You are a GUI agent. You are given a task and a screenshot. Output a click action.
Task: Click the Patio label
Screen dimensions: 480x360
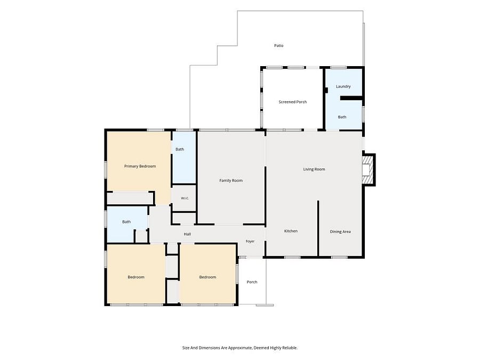click(x=278, y=46)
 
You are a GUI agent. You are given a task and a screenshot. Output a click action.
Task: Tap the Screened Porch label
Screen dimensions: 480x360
click(x=293, y=102)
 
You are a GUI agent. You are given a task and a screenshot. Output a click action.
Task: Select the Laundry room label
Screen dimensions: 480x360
click(x=343, y=86)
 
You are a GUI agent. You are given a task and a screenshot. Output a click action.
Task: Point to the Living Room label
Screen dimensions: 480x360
click(x=314, y=169)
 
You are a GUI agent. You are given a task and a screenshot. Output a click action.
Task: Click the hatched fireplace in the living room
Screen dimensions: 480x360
click(x=368, y=170)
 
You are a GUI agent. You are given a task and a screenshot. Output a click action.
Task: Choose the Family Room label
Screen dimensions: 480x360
click(x=231, y=181)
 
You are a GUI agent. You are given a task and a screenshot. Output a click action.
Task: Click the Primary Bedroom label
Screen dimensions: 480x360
click(x=140, y=166)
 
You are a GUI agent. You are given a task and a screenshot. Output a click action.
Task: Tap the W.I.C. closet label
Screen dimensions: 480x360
click(x=185, y=198)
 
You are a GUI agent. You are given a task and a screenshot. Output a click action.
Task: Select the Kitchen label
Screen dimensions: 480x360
click(x=291, y=231)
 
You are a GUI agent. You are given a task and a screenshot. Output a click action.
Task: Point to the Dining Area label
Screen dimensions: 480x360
click(x=340, y=232)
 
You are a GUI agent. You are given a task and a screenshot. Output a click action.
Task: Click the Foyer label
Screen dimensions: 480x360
click(x=250, y=241)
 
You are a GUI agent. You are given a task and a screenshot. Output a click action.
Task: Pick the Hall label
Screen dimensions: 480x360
click(x=187, y=234)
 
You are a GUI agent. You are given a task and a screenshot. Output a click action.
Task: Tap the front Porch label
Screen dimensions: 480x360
click(x=252, y=282)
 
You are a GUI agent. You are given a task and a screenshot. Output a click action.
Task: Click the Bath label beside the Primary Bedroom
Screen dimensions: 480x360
click(x=180, y=149)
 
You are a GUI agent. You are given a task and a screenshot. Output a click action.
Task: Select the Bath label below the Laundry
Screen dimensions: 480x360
click(x=342, y=117)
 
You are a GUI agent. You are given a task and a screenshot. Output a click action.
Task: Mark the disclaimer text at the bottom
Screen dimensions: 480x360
click(x=240, y=348)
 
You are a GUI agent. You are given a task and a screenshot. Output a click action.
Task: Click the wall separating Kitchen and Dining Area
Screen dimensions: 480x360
click(x=318, y=228)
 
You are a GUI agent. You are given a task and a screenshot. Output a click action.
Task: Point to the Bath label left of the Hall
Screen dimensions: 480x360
click(x=126, y=222)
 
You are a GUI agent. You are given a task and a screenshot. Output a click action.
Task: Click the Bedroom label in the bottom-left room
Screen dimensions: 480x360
click(x=136, y=277)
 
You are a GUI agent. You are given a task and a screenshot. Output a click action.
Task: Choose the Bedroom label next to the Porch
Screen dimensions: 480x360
click(x=207, y=277)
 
